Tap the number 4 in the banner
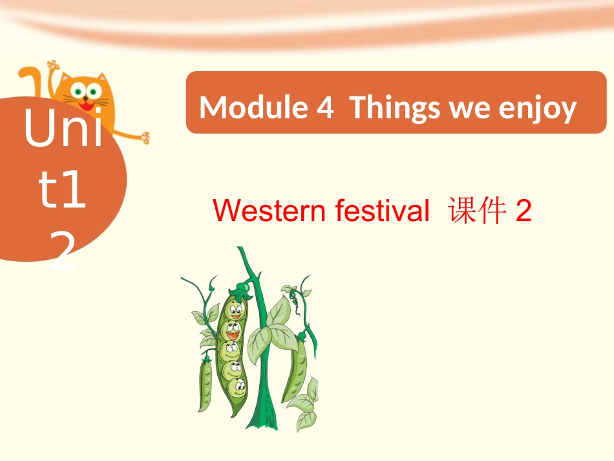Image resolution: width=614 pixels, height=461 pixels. (x=324, y=108)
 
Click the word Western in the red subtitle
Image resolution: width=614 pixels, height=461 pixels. (x=270, y=211)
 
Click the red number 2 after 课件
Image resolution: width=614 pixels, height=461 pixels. (x=524, y=211)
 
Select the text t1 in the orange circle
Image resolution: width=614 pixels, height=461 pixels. (x=63, y=191)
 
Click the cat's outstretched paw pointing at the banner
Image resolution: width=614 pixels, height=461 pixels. (x=145, y=137)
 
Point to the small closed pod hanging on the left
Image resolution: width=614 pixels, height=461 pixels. (x=206, y=385)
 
